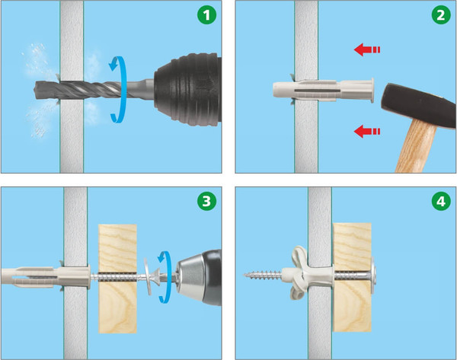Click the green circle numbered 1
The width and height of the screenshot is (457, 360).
(x=206, y=15)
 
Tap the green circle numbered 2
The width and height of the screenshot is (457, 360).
(x=441, y=15)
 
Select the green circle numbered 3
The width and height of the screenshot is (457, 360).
(x=206, y=201)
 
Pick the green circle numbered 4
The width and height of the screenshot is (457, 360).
(x=441, y=201)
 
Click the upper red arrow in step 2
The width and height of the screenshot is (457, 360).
(x=367, y=49)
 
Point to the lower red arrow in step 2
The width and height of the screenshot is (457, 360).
(x=367, y=132)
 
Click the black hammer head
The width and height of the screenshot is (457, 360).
(x=419, y=105)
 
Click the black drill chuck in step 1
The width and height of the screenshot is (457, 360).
(x=188, y=89)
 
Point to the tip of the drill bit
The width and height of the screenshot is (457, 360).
(x=35, y=90)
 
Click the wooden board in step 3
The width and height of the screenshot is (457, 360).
(x=118, y=279)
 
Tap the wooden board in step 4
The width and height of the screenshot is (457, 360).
(x=353, y=277)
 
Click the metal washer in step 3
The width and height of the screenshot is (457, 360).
(x=148, y=276)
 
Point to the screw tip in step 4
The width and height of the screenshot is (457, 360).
(x=244, y=274)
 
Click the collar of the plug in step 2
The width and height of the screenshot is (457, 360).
(x=372, y=90)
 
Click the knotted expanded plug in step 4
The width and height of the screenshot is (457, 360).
(x=300, y=273)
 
